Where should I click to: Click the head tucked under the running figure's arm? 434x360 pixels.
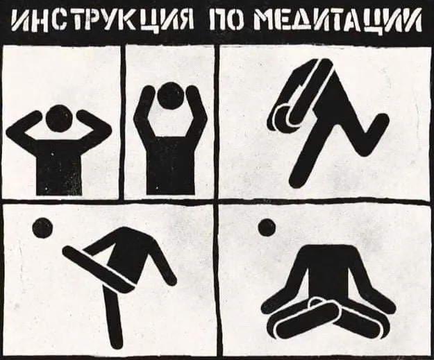[x=284, y=117]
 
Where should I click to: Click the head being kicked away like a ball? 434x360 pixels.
[x=42, y=228]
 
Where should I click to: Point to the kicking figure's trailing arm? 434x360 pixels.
[x=162, y=263]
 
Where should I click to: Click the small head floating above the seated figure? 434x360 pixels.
[x=267, y=228]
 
